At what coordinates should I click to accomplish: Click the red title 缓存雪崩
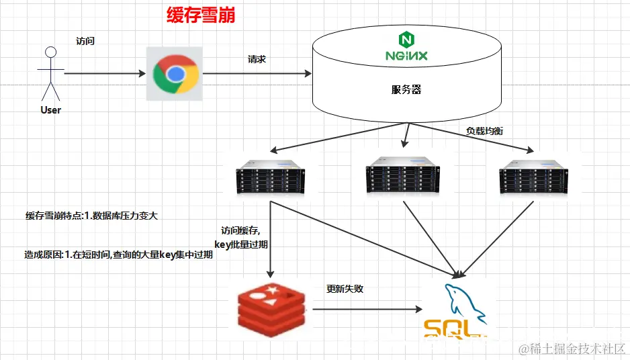tap(201, 15)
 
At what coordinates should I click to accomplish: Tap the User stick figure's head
tap(48, 52)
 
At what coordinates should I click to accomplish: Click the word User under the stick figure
tap(50, 109)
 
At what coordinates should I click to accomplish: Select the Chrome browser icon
tap(175, 73)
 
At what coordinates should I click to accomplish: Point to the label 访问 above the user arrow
tap(85, 41)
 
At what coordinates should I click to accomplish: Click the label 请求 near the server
tap(257, 59)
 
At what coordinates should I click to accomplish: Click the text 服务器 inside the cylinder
tap(406, 89)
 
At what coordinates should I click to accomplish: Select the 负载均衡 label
tap(484, 130)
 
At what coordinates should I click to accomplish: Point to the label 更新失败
tap(345, 289)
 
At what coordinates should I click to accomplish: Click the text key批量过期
tap(241, 244)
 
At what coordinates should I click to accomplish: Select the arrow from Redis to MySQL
tap(366, 310)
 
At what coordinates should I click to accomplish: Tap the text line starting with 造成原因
tap(118, 255)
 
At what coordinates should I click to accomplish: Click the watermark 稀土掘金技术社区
tap(571, 349)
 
